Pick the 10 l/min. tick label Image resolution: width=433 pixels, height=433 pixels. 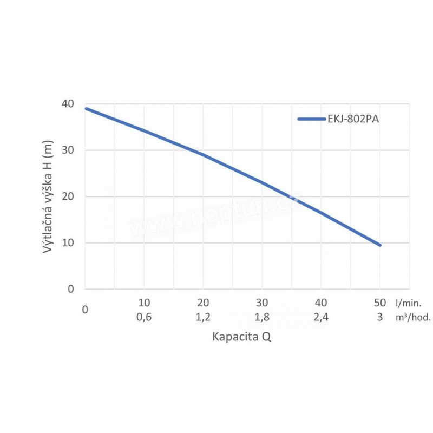tap(144, 302)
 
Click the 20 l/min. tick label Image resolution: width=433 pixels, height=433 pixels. tap(203, 302)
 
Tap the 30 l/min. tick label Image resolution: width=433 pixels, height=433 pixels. tap(262, 302)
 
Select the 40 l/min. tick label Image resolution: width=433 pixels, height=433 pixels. tap(321, 302)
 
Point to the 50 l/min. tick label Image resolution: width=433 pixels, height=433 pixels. tap(379, 302)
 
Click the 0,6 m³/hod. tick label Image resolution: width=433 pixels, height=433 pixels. tap(144, 318)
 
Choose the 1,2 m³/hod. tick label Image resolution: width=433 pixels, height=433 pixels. tap(203, 318)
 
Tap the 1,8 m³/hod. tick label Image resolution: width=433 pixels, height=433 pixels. tap(262, 318)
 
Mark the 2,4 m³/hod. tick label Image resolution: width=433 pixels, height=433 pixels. tap(321, 318)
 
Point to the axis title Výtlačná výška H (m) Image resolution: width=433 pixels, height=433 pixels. tap(48, 195)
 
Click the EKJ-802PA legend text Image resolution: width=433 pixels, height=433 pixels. tap(352, 119)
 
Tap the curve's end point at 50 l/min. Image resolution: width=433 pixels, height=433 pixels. tap(380, 245)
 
